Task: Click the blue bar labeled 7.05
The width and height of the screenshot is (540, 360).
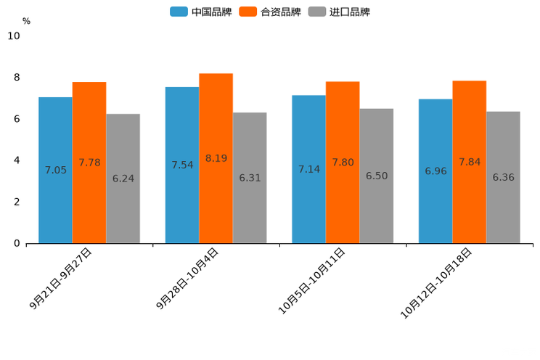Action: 55,170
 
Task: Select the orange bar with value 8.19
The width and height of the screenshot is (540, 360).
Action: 216,158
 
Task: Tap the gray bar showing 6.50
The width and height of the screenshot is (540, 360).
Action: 376,176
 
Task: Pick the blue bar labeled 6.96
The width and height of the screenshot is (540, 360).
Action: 435,171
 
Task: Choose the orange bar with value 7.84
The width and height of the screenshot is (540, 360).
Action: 469,162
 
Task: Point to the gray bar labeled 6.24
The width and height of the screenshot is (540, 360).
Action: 123,179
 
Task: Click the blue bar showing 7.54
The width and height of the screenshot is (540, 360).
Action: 182,165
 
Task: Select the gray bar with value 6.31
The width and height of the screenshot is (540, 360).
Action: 250,178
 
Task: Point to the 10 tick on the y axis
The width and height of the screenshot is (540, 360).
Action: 14,36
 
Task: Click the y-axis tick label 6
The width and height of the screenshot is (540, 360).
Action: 17,119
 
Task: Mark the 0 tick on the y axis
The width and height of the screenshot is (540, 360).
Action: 17,243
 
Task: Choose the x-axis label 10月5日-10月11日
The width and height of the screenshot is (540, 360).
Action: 313,279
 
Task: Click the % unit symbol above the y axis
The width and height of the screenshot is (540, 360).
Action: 26,21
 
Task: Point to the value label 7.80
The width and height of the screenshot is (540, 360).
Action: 343,163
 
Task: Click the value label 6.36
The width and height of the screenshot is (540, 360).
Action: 503,177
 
